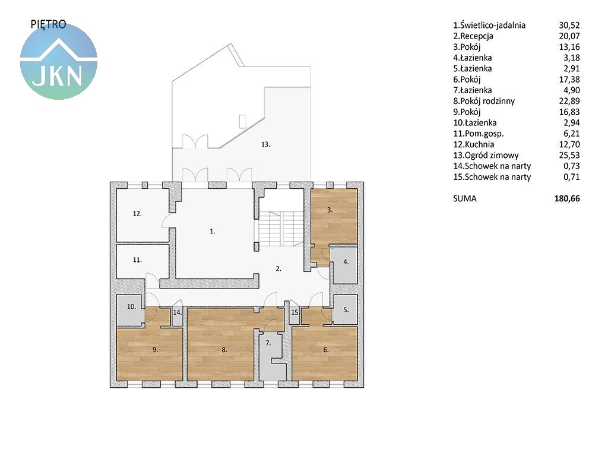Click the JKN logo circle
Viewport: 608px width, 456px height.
[59, 61]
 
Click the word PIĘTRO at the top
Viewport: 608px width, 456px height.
[49, 24]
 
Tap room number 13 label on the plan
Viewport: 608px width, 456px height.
[265, 144]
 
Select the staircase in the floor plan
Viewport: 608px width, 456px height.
[280, 229]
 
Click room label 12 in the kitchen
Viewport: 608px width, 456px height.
[137, 213]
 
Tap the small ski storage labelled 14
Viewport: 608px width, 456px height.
[177, 316]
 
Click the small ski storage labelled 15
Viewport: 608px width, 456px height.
[295, 316]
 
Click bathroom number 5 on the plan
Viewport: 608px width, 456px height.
[346, 310]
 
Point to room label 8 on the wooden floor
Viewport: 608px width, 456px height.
[224, 350]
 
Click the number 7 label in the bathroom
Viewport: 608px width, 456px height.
[268, 343]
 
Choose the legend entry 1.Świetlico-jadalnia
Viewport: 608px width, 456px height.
[489, 26]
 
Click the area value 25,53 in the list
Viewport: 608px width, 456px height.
[569, 156]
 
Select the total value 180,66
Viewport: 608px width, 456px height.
[567, 198]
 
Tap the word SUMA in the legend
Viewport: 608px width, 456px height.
[464, 198]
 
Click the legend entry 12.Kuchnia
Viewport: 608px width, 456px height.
[473, 145]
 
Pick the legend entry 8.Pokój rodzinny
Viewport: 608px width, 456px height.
[484, 101]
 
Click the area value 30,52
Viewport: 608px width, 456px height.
[569, 25]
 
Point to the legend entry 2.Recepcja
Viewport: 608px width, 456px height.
[473, 36]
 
